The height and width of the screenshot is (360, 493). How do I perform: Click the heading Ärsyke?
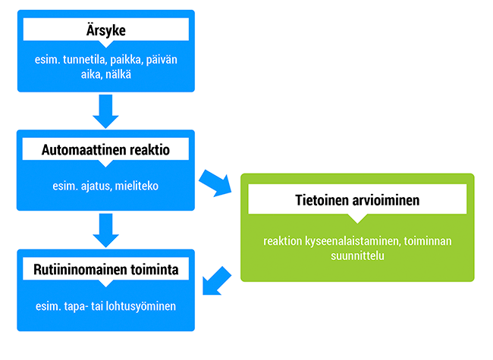click(106, 30)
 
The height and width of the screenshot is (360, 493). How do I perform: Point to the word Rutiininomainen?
click(80, 270)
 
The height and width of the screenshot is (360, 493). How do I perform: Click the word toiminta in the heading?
click(155, 270)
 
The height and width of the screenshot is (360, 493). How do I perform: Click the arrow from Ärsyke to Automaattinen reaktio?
click(105, 111)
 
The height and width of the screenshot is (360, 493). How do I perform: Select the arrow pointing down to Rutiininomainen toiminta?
click(105, 230)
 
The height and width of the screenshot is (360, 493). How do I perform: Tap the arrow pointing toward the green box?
click(215, 183)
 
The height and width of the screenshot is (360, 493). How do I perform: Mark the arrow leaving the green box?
click(216, 281)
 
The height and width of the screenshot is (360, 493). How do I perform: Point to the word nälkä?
click(118, 75)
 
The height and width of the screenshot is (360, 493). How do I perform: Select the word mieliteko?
click(137, 186)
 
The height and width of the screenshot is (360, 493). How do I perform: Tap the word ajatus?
click(96, 186)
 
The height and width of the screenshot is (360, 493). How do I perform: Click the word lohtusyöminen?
click(140, 306)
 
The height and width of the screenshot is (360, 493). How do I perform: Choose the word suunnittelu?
click(357, 255)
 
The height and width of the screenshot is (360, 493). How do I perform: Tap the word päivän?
click(162, 60)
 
